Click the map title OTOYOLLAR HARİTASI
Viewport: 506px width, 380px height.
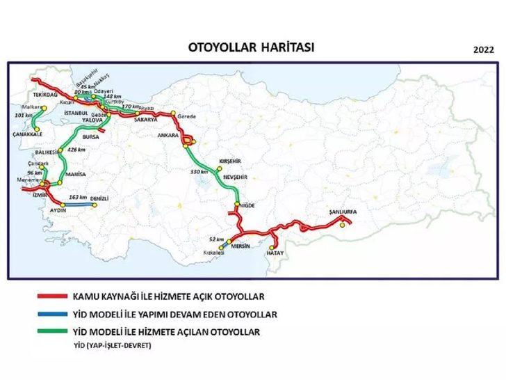(x=252, y=47)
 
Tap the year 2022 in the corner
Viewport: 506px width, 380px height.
(x=483, y=50)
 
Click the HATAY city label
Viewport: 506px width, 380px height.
(x=275, y=254)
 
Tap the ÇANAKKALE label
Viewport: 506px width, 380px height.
(x=28, y=134)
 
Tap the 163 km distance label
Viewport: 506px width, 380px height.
(x=78, y=197)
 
